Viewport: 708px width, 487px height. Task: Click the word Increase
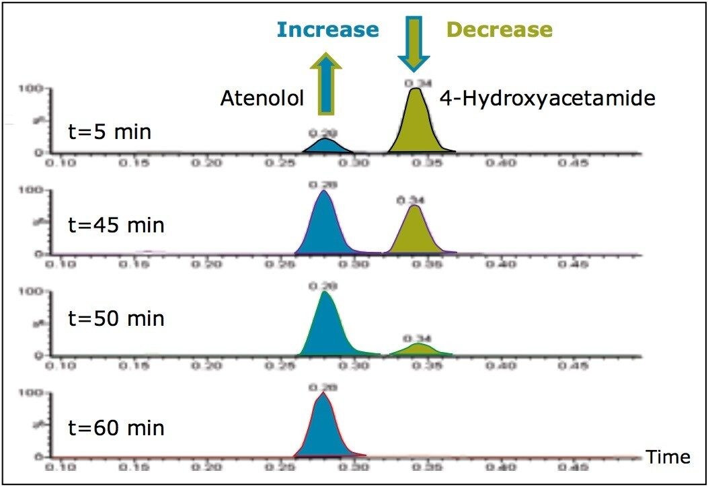[327, 29]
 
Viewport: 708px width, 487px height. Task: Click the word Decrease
[500, 30]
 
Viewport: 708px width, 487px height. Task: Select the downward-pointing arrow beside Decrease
[413, 44]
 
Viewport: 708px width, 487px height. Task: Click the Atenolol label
[262, 99]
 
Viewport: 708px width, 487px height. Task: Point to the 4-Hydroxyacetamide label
[547, 99]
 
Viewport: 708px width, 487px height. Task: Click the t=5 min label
[110, 131]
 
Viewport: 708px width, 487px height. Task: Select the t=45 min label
[116, 224]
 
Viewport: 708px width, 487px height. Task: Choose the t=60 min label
[116, 427]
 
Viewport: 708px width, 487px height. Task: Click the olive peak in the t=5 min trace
[417, 124]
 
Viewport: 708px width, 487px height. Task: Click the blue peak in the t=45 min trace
[324, 225]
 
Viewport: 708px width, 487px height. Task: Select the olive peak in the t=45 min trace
[416, 232]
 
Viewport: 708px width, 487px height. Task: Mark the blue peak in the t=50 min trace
[327, 326]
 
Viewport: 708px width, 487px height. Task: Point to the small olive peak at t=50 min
[419, 349]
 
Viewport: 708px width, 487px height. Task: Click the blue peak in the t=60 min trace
[323, 427]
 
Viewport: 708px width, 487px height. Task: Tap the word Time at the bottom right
[668, 457]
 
